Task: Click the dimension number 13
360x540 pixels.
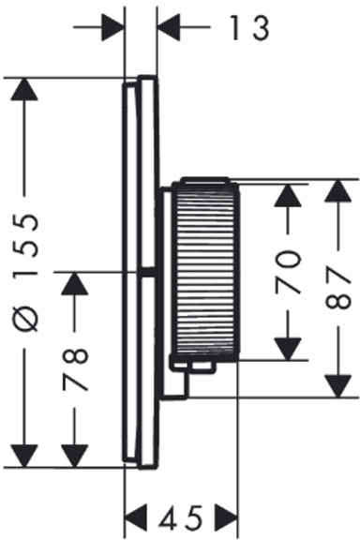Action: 249,28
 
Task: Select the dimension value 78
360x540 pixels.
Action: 75,370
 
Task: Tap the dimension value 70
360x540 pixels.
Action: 288,272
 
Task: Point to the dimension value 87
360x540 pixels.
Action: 337,289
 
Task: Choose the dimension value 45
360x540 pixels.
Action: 181,518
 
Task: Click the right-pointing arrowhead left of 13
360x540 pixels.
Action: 112,26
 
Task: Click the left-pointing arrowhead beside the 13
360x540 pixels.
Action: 168,26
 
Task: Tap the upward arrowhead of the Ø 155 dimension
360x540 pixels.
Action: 24,89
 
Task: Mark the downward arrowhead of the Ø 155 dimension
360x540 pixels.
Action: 24,457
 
